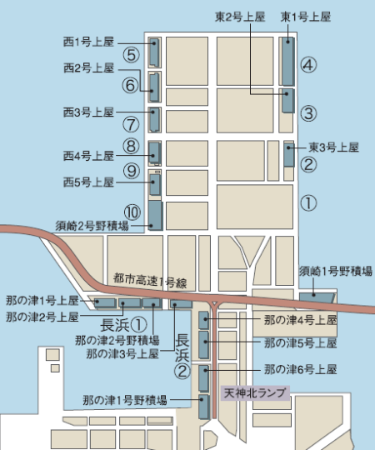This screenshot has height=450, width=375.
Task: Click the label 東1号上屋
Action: pos(306,17)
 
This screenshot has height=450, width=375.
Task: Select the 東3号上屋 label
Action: pos(333,147)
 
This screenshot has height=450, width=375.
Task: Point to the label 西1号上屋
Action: pos(87,39)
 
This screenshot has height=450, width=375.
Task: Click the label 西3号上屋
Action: pos(87,111)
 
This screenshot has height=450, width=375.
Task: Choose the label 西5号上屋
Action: pos(87,181)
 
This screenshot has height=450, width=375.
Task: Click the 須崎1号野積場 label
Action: pos(336,270)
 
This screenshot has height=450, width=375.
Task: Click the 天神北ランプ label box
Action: pos(254,392)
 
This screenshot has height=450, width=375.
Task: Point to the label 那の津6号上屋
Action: pos(299,368)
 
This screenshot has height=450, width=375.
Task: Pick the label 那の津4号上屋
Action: pos(299,319)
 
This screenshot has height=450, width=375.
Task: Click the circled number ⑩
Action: pos(131,212)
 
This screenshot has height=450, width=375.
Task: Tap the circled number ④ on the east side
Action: pos(308,65)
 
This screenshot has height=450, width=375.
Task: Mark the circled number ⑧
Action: pos(131,147)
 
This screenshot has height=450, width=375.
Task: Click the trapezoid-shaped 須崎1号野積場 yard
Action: pos(317,294)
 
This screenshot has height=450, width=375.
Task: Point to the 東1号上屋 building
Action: pos(287,61)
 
